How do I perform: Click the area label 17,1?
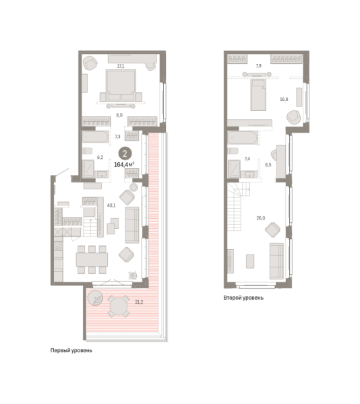(x=120, y=66)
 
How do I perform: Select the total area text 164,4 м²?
(x=127, y=164)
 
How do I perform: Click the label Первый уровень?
(x=76, y=351)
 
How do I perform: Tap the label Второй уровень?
(x=243, y=297)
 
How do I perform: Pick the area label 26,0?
(x=260, y=217)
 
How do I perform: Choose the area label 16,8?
(x=284, y=98)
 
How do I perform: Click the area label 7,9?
(x=259, y=65)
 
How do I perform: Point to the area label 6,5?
(x=268, y=164)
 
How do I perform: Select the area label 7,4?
(x=248, y=158)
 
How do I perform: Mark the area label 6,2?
(x=100, y=156)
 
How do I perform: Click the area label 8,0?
(x=119, y=115)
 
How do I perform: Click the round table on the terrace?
(x=120, y=307)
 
